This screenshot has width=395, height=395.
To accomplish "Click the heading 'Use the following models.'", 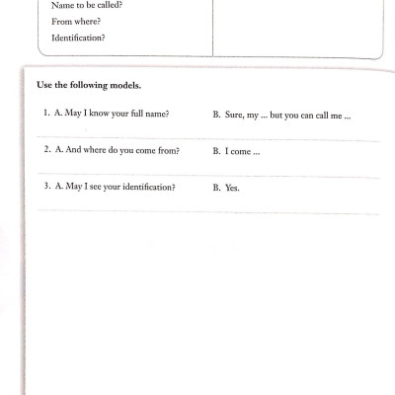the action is pos(92,85).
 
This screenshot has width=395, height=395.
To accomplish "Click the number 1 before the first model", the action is pos(45,115).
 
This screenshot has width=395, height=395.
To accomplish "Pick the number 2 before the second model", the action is pos(45,150).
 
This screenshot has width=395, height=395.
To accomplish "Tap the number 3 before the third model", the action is pos(45,187).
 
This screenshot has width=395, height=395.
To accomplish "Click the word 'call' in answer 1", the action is pos(321,116).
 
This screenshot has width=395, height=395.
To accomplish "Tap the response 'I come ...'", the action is pos(242,151).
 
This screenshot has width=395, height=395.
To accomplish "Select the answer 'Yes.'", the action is pos(233,188).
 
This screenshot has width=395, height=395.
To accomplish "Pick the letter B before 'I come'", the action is pos(215,151).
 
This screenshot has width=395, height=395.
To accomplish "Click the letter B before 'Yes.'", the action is pos(215,188).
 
